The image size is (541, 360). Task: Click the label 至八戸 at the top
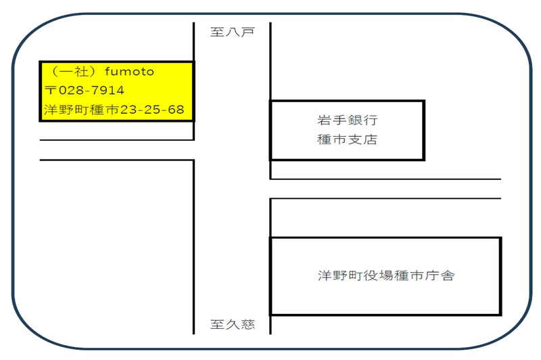click(x=232, y=32)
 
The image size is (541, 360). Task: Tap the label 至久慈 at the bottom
click(x=233, y=325)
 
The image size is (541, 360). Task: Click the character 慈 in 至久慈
click(x=248, y=325)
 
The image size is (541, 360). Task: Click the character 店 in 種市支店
click(x=370, y=141)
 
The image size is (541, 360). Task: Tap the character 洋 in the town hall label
click(x=325, y=276)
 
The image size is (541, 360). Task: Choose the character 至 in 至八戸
click(x=217, y=32)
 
